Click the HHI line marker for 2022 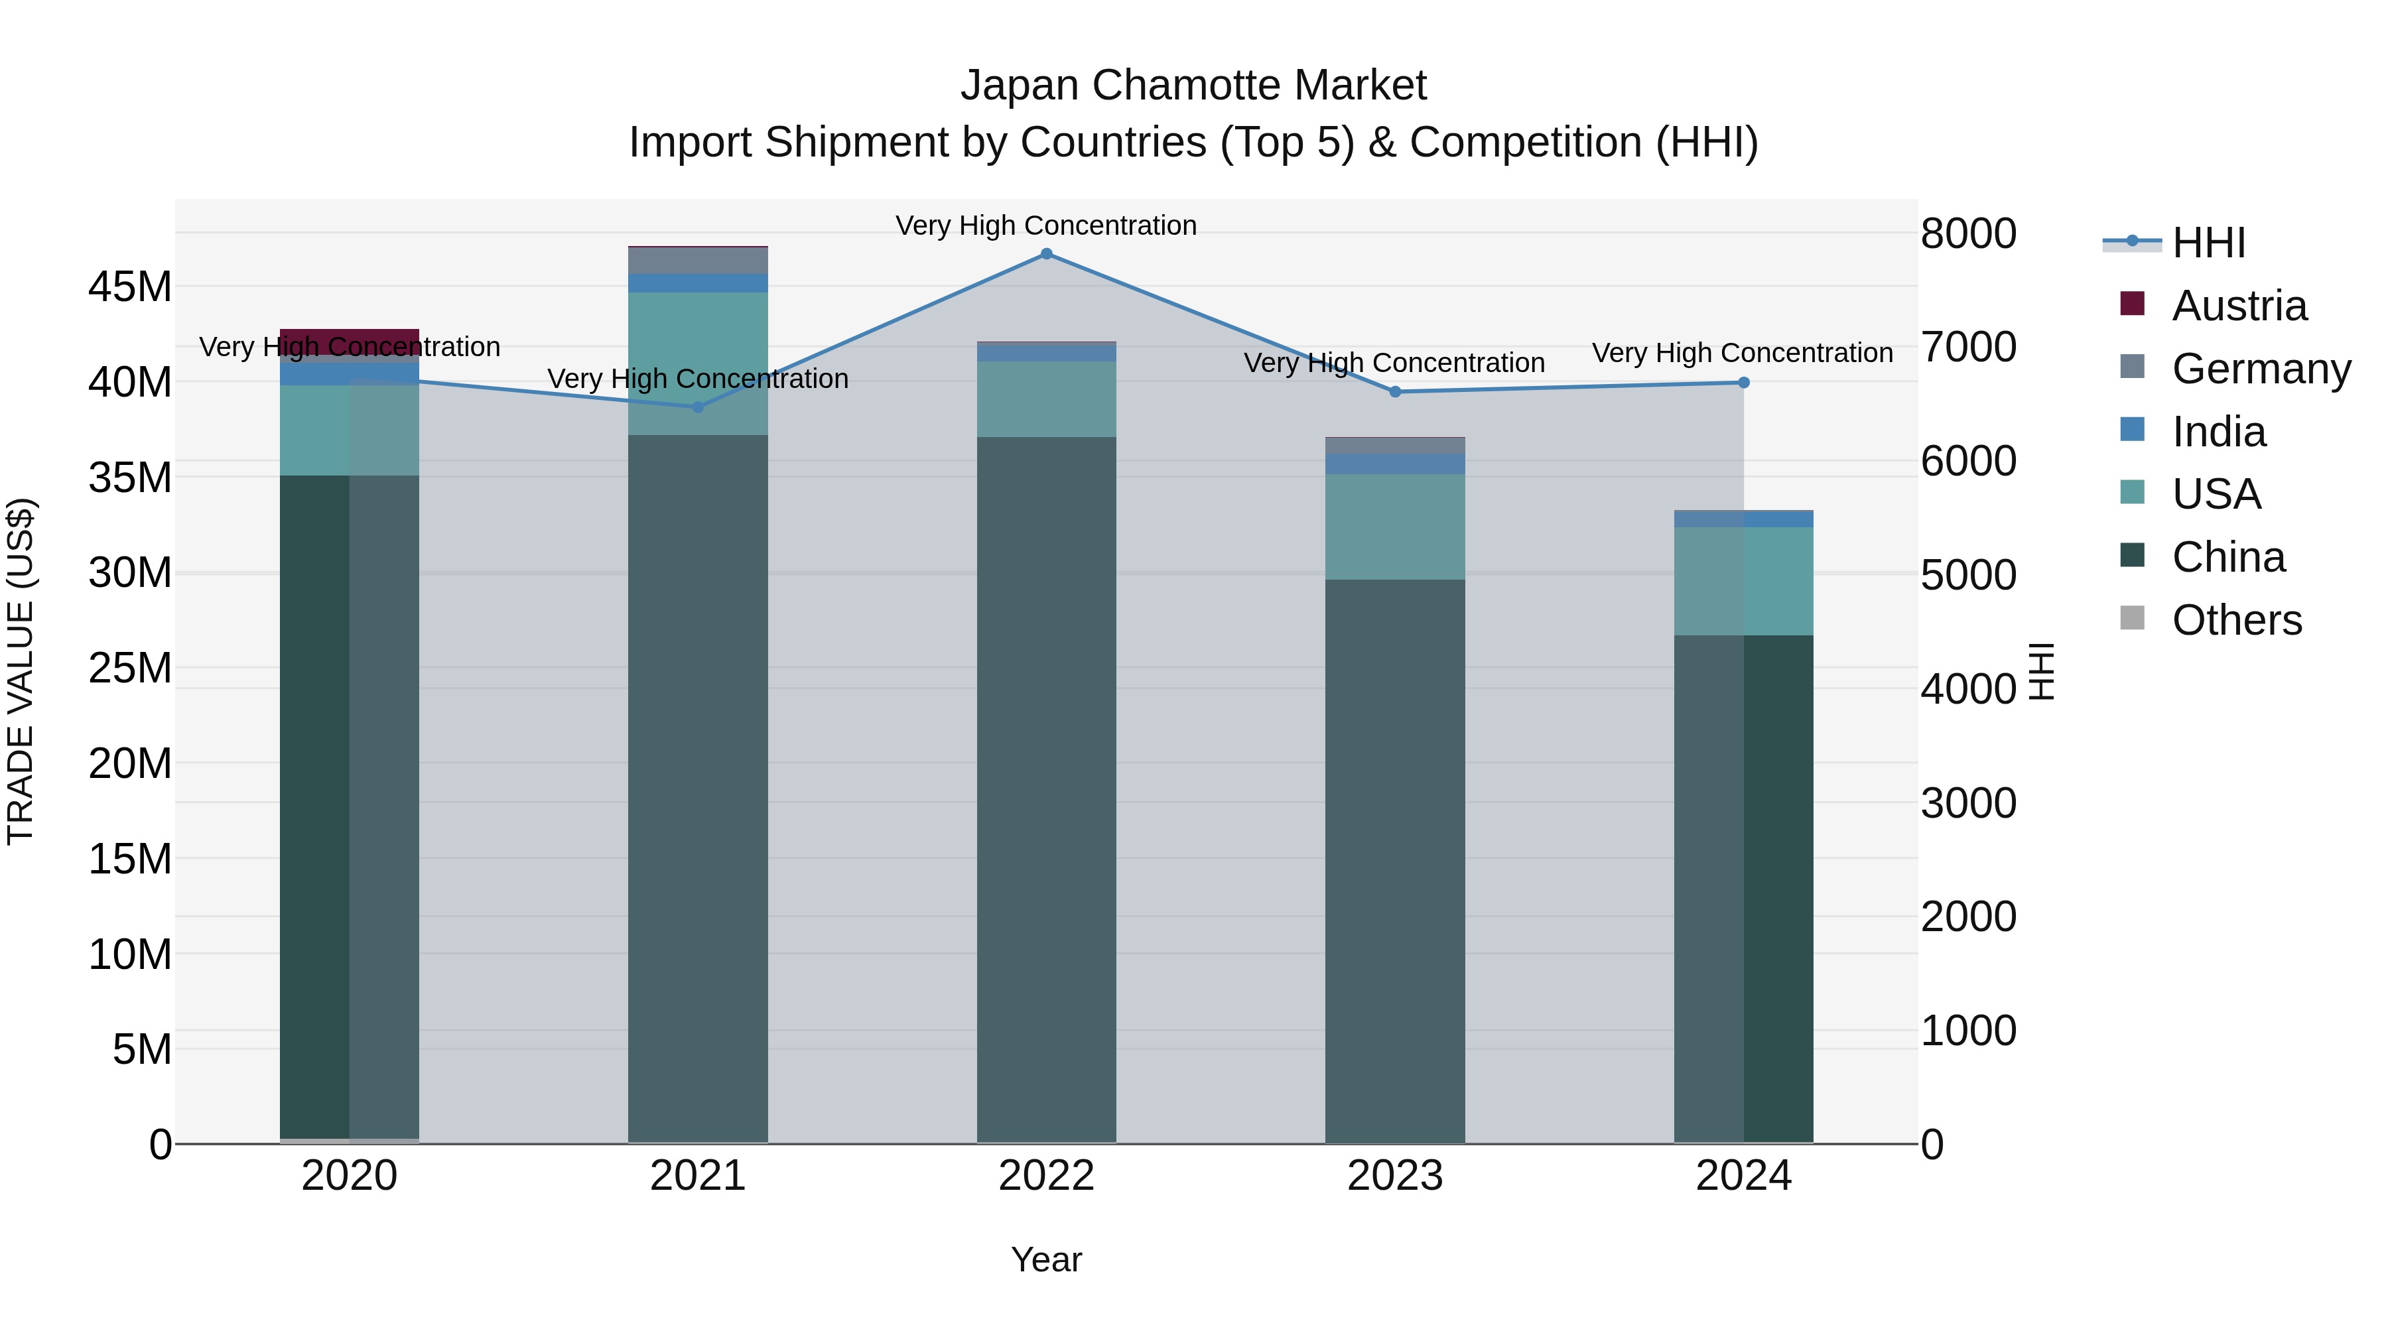[x=1047, y=254]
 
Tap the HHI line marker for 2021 [x=698, y=407]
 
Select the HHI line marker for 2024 [x=1744, y=383]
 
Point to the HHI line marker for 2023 [x=1395, y=392]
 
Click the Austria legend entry [x=2238, y=306]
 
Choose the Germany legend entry [x=2260, y=369]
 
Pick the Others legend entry [x=2236, y=620]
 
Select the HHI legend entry [x=2208, y=243]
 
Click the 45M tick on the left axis [x=130, y=287]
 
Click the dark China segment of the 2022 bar [x=1047, y=788]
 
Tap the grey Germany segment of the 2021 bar [x=698, y=261]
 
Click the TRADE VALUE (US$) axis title [x=21, y=671]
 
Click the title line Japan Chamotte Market [x=1193, y=86]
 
